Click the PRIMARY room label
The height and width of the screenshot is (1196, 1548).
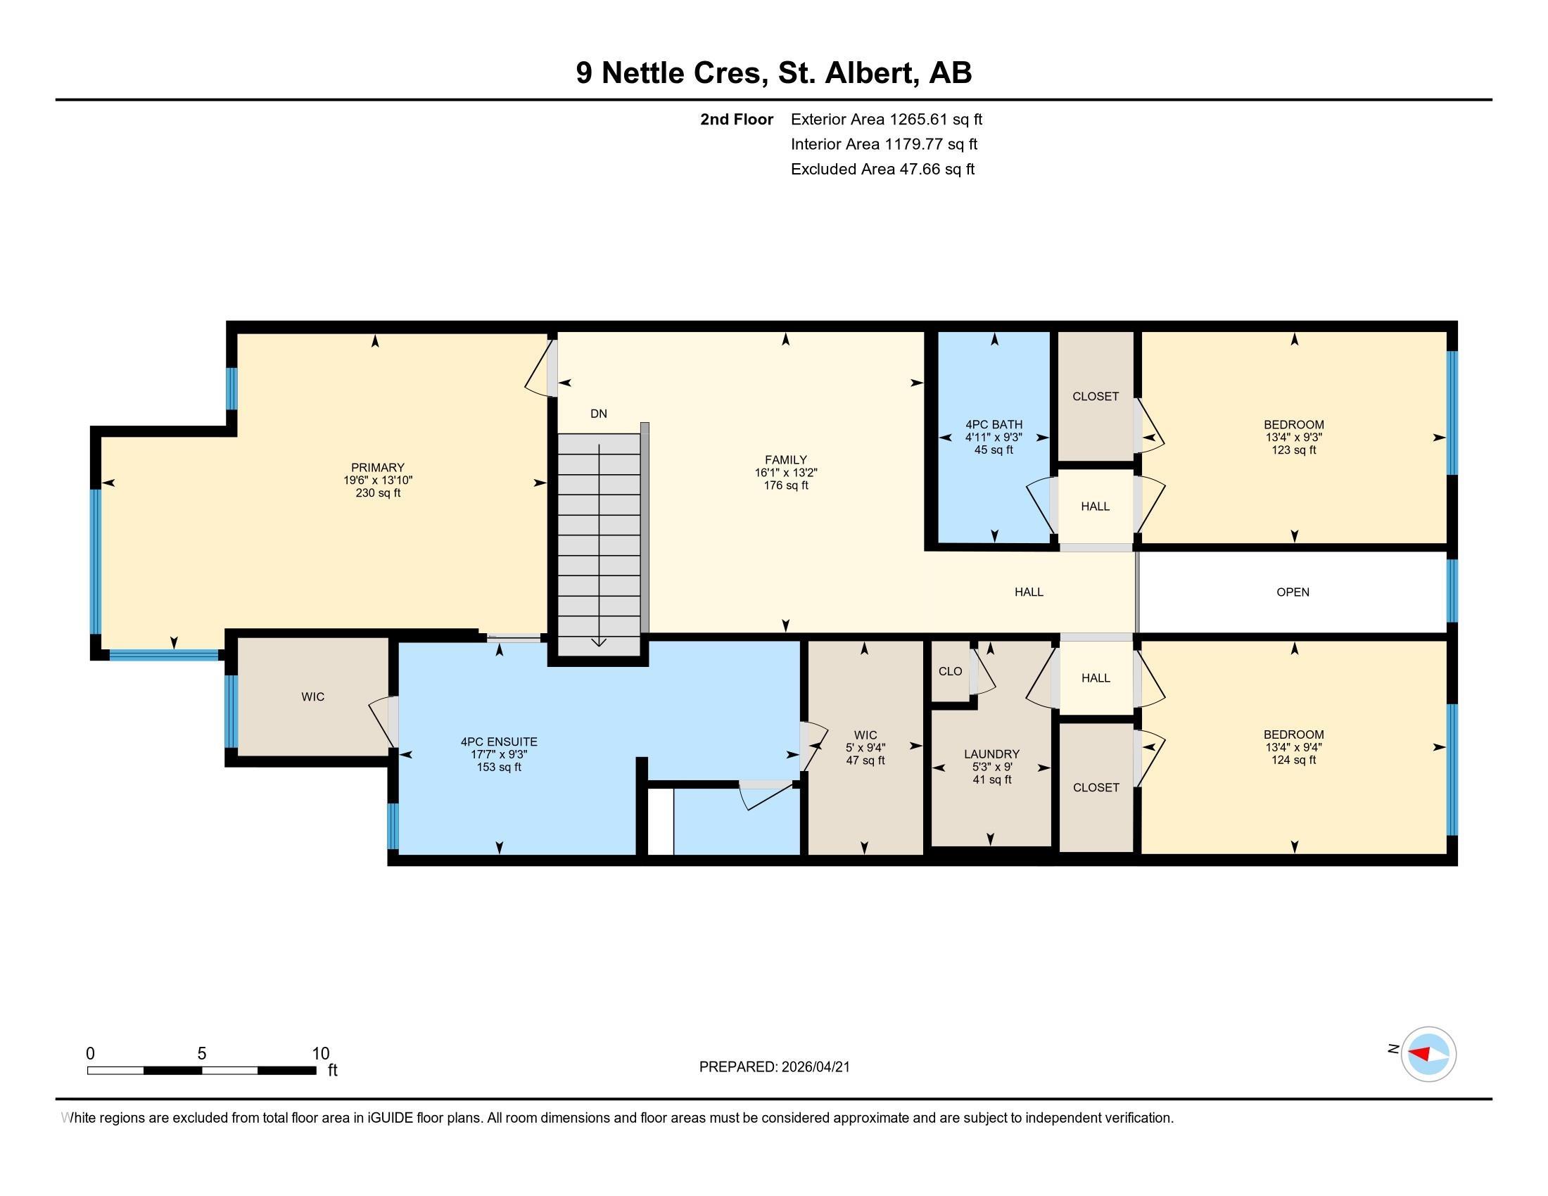click(378, 468)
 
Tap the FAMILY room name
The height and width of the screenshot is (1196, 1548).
click(785, 460)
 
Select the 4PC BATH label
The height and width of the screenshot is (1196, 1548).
click(994, 424)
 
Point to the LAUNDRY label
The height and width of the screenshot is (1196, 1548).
click(991, 754)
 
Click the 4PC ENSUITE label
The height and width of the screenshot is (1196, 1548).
click(499, 742)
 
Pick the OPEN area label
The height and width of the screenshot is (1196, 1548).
click(1293, 592)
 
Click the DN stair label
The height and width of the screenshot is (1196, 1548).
click(599, 413)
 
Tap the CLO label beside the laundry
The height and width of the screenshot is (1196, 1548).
click(951, 671)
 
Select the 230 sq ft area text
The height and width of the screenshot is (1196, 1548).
click(378, 493)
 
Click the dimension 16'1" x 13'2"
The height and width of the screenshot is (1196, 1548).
click(785, 473)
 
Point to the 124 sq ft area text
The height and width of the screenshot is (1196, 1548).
click(1293, 761)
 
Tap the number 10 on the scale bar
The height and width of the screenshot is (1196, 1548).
click(320, 1054)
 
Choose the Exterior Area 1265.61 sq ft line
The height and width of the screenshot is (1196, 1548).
click(887, 119)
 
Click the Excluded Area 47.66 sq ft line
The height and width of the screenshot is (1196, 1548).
click(882, 169)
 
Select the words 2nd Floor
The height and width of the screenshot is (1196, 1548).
click(737, 119)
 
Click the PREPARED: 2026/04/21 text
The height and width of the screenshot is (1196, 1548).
click(775, 1067)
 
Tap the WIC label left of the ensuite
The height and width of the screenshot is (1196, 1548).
click(312, 697)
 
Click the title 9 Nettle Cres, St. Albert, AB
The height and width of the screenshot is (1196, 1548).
click(774, 72)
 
